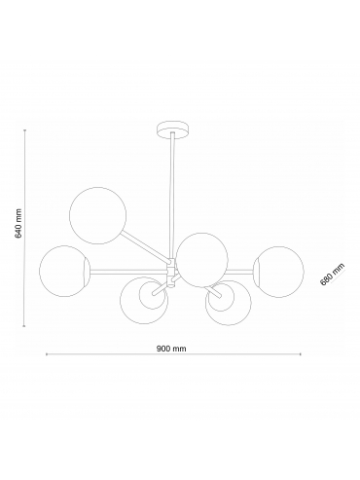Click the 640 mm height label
pos(18,223)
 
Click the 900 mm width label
pos(171,349)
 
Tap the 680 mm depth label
pos(332,275)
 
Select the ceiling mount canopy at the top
pos(172,130)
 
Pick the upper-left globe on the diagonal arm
pos(97,215)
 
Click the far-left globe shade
pos(64,271)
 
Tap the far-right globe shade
pos(279,272)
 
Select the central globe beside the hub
pos(201,260)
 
